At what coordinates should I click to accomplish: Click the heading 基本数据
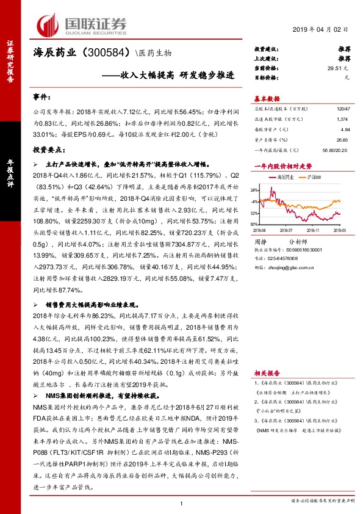click(267, 98)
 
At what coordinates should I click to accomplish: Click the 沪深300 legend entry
click(315, 176)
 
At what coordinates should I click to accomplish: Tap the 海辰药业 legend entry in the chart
click(284, 176)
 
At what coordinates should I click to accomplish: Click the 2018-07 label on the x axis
click(287, 230)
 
